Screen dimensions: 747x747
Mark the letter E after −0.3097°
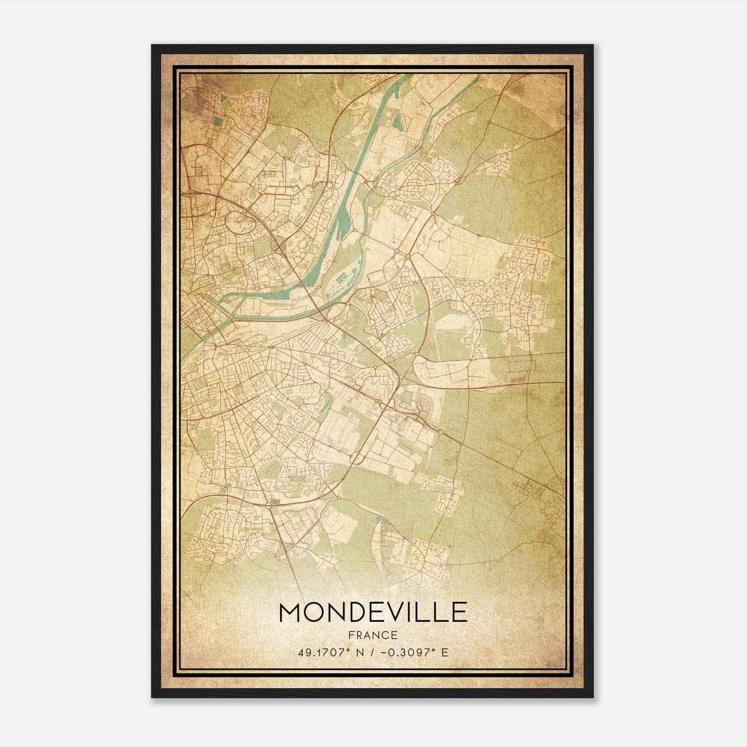tap(445, 652)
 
